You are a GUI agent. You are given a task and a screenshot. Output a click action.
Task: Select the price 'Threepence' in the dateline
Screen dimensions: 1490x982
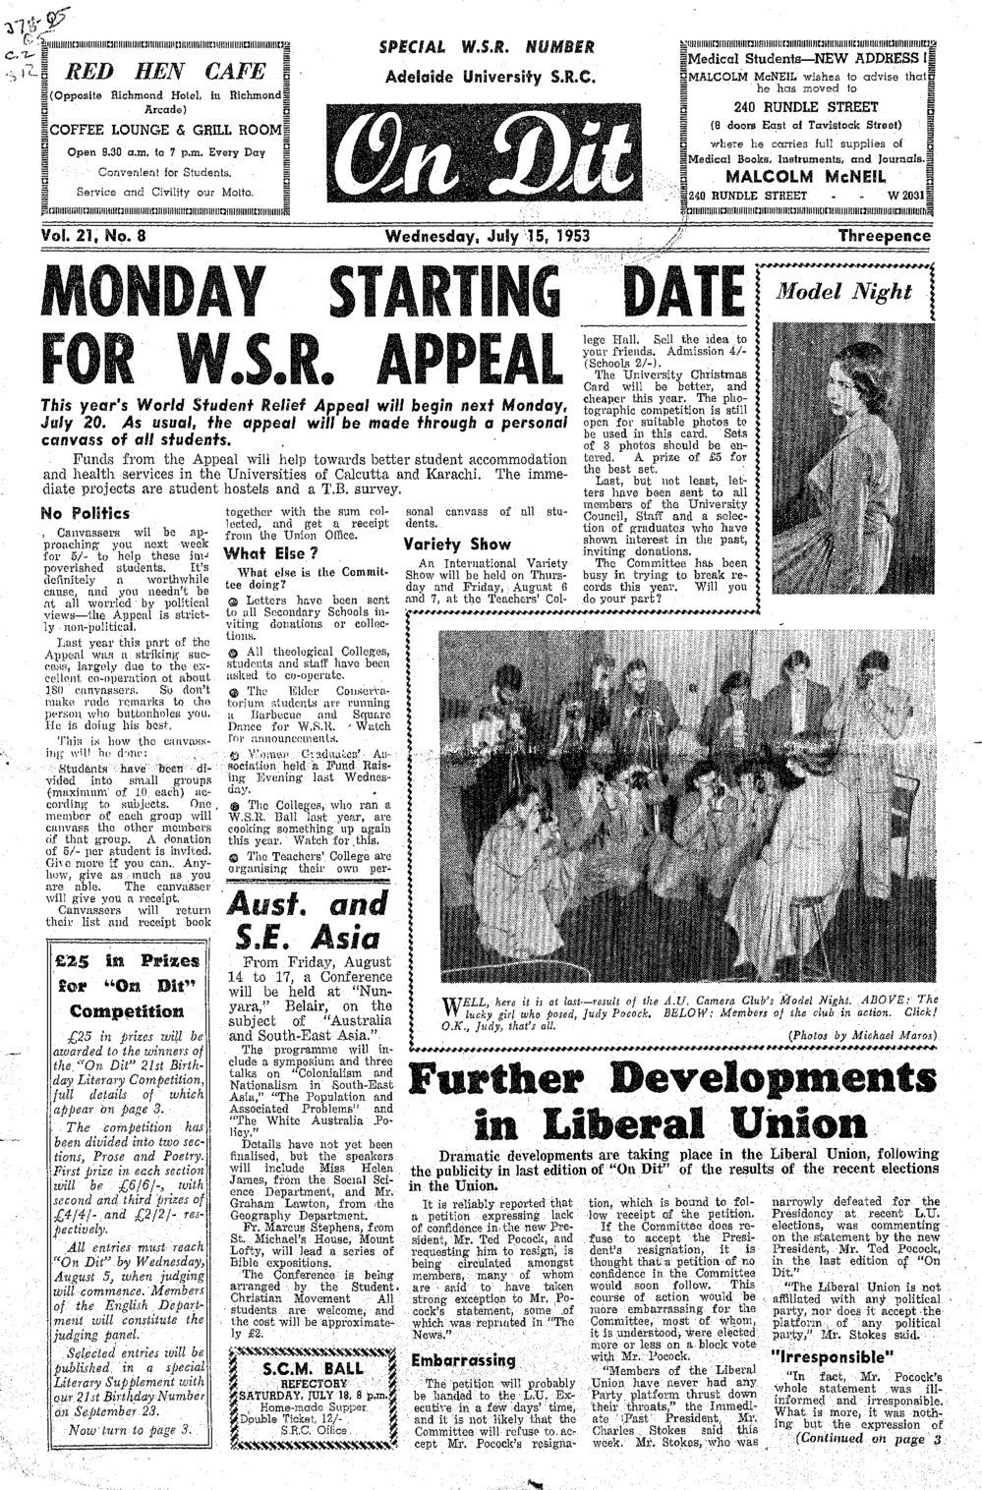pyautogui.click(x=884, y=236)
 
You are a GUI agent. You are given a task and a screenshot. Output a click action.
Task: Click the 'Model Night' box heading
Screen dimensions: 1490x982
pyautogui.click(x=844, y=291)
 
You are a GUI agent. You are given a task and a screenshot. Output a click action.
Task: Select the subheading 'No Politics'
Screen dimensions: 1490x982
pyautogui.click(x=86, y=513)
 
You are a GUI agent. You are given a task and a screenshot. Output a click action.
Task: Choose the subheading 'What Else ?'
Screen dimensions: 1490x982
pyautogui.click(x=262, y=553)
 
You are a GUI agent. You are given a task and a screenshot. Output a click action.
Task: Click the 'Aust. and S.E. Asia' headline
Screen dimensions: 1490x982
pyautogui.click(x=308, y=918)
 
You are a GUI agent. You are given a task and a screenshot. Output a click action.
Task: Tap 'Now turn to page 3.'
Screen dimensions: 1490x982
pyautogui.click(x=123, y=1426)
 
